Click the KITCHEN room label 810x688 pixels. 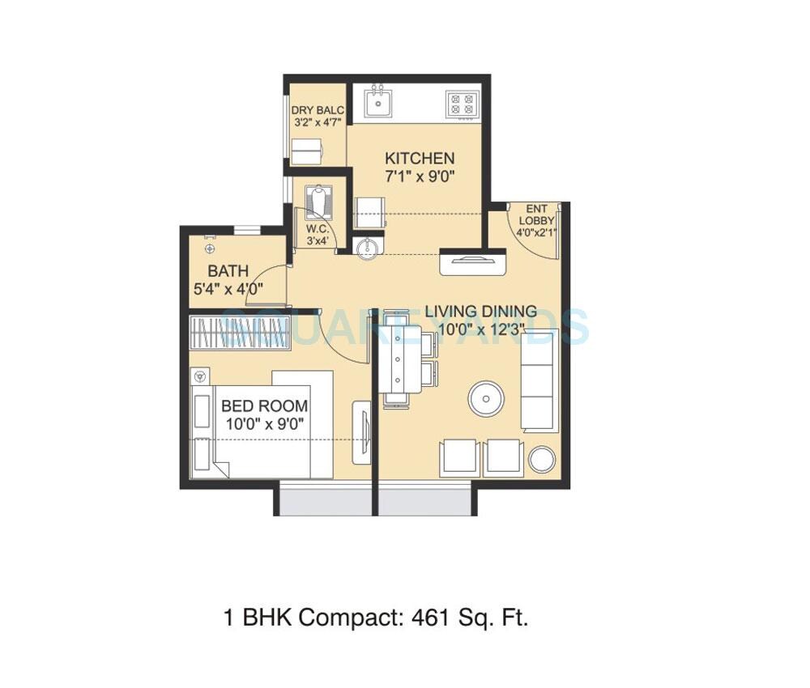419,158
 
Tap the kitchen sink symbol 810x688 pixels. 377,102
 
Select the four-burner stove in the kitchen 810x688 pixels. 463,104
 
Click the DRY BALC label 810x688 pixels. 318,111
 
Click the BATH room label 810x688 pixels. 228,271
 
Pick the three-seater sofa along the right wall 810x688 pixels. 539,382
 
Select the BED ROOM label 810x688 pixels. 264,406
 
